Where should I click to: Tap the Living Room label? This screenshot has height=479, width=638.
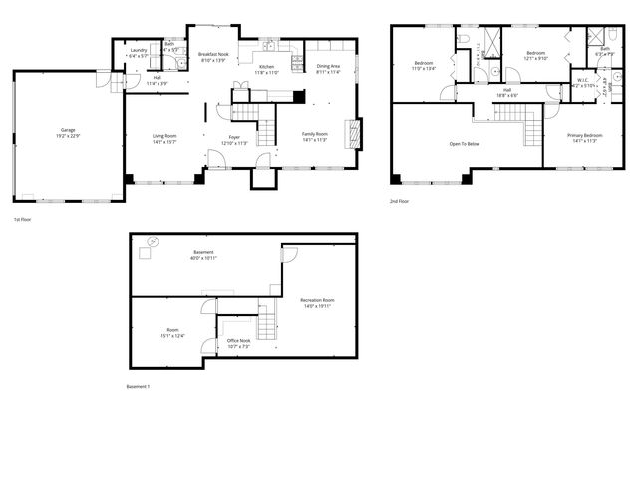point(164,137)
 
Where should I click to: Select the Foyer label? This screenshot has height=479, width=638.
point(234,138)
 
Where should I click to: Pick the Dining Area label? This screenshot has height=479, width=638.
point(328,67)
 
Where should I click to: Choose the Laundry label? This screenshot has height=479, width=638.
point(139,51)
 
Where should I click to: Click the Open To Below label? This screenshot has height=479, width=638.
point(464,144)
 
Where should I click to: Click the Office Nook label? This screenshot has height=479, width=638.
point(238,341)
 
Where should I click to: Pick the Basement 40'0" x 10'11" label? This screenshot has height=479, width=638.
point(204,254)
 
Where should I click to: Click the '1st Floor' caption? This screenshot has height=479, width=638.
point(22,219)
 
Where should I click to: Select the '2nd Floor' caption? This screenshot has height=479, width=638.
point(400,201)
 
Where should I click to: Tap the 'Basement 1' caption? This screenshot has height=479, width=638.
point(138,387)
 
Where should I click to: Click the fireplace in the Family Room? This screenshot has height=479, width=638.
point(350,133)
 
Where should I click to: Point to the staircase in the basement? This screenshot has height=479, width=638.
point(265,322)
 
